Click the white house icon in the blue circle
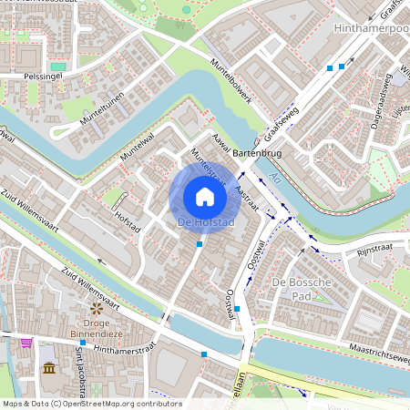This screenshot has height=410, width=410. click(205, 197)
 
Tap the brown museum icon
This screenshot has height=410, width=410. click(48, 368)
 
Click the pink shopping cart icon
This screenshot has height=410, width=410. click(26, 343)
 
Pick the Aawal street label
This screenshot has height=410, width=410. click(218, 143)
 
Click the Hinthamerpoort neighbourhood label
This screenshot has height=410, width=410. click(373, 29)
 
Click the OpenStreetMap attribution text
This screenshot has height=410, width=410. click(91, 404)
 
